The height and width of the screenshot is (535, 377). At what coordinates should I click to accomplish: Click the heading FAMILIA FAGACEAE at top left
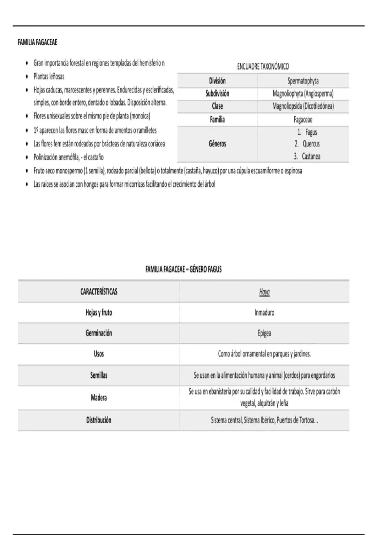[x=37, y=42]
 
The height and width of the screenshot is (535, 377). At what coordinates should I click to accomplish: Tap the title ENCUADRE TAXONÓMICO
[x=263, y=66]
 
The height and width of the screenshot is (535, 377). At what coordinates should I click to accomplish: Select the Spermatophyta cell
[x=303, y=81]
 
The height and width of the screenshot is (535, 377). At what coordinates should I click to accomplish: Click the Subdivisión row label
[x=217, y=93]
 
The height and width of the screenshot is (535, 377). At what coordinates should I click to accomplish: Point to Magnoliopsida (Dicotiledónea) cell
[x=303, y=106]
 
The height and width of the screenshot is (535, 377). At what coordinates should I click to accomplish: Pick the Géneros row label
[x=217, y=144]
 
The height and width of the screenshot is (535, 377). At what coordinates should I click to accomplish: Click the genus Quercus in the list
[x=311, y=144]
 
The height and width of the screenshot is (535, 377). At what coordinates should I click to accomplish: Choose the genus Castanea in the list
[x=311, y=156]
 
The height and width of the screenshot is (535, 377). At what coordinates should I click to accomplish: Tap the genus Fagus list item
[x=311, y=132]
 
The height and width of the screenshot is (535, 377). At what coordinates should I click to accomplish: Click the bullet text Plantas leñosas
[x=49, y=76]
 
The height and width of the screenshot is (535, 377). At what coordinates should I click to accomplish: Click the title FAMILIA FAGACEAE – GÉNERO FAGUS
[x=183, y=269]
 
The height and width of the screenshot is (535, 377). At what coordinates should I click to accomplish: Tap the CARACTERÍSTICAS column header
[x=99, y=292]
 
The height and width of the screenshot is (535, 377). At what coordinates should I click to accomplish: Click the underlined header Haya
[x=264, y=292]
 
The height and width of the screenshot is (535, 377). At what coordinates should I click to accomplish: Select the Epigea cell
[x=264, y=333]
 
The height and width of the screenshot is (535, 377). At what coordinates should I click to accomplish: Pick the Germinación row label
[x=99, y=333]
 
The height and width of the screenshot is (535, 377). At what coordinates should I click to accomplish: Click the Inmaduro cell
[x=264, y=313]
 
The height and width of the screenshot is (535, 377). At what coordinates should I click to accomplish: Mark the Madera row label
[x=99, y=398]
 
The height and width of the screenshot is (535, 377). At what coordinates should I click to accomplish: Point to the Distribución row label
[x=99, y=420]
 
